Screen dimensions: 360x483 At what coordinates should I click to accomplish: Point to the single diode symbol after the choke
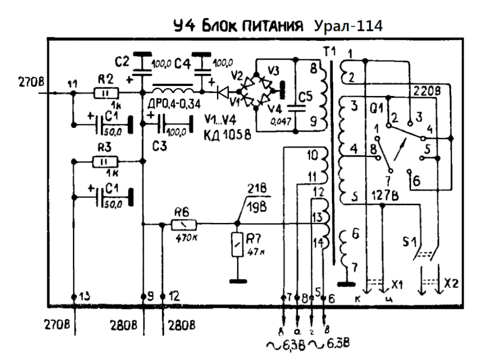point(223,91)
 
